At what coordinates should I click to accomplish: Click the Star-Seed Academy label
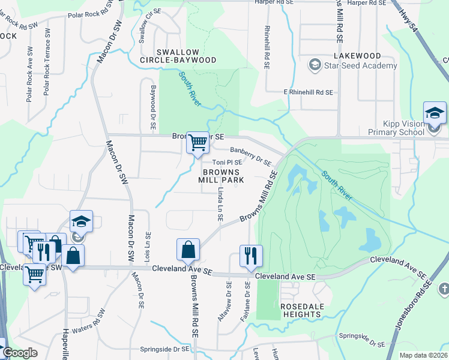[x=360, y=65]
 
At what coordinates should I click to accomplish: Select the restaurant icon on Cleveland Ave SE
[x=249, y=256]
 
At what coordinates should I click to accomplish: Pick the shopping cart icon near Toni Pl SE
[x=197, y=143]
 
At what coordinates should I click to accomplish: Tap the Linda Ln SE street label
[x=219, y=206]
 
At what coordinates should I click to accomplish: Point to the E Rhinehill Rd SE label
[x=308, y=92]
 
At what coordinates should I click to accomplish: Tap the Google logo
[x=20, y=353]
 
